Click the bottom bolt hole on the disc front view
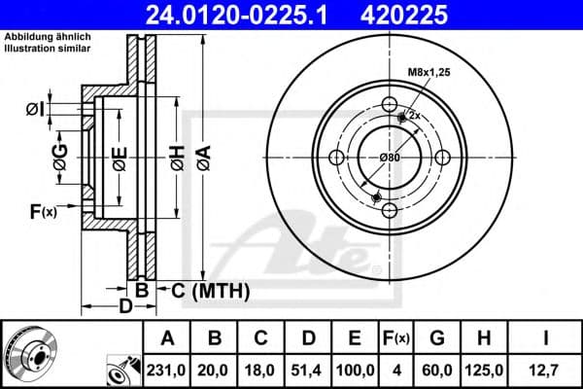[x=389, y=211]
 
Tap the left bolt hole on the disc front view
[x=337, y=159]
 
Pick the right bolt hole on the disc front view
[x=441, y=159]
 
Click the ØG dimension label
[x=60, y=159]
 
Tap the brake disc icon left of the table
[x=29, y=352]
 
